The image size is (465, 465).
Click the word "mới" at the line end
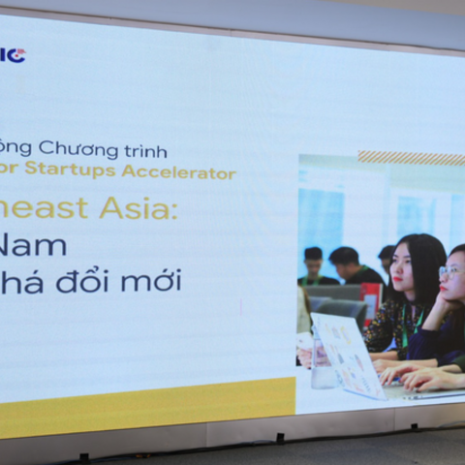click(155, 281)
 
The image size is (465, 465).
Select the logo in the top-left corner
click(13, 55)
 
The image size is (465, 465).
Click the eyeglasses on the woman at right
click(450, 272)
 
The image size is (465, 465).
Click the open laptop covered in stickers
click(349, 354)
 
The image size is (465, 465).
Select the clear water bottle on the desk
click(321, 362)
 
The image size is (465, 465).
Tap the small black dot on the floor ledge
click(280, 438)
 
